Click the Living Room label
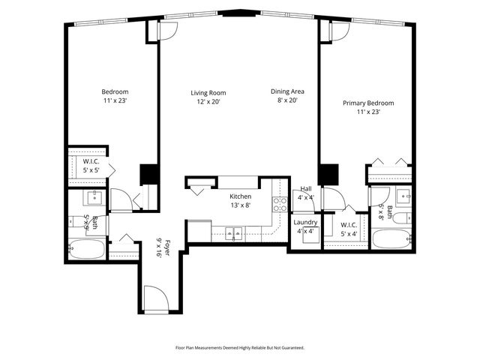207,93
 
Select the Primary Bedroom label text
368,103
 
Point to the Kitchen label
240,196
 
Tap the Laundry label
305,222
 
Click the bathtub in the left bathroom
85,249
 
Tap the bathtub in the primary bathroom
391,240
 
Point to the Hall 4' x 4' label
306,193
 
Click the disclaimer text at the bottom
240,348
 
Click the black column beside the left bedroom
149,174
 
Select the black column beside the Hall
328,174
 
